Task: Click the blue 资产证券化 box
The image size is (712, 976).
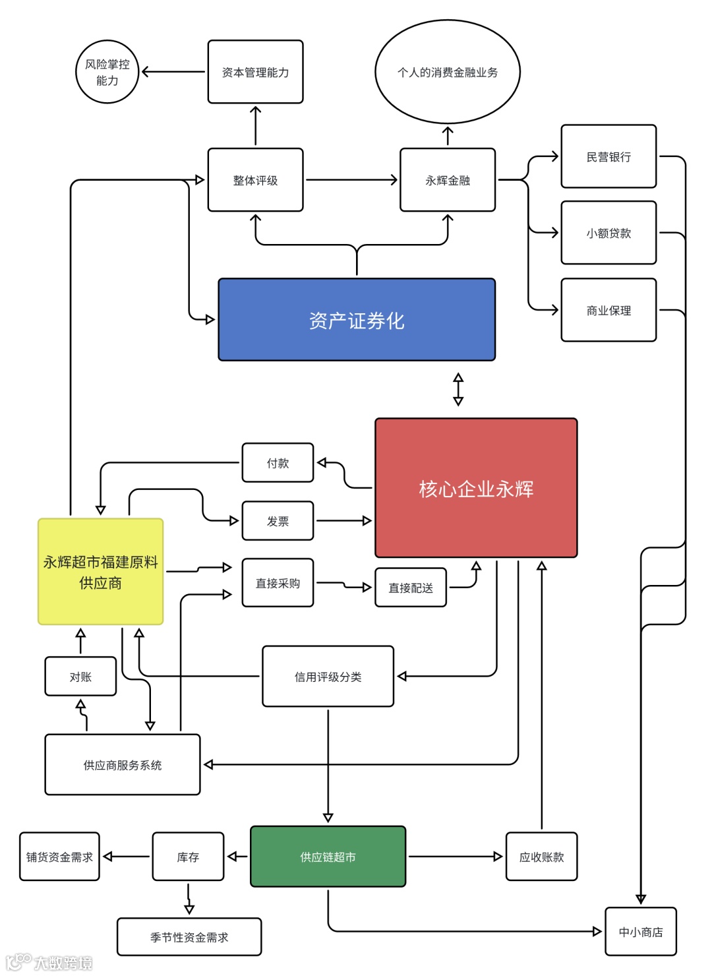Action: click(x=357, y=320)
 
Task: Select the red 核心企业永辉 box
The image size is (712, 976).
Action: click(x=476, y=488)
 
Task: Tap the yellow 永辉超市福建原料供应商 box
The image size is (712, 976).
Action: click(x=100, y=571)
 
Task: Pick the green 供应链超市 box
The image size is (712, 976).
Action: click(x=328, y=857)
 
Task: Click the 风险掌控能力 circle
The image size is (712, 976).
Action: click(x=107, y=72)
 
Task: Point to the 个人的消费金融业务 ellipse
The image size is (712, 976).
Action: click(x=448, y=72)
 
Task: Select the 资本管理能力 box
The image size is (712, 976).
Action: click(x=255, y=72)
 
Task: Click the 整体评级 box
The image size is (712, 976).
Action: click(x=255, y=180)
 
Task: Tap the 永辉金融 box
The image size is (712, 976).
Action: click(x=448, y=180)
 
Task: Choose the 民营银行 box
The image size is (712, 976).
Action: click(x=608, y=156)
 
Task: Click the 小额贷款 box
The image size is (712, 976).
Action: click(x=608, y=233)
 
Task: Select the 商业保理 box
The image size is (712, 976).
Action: click(x=608, y=310)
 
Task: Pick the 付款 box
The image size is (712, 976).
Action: click(x=278, y=463)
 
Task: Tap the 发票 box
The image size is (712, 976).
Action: click(x=278, y=521)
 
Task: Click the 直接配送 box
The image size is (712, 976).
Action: click(x=410, y=588)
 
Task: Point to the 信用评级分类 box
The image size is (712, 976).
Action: click(x=328, y=677)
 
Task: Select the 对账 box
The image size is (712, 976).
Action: click(x=80, y=677)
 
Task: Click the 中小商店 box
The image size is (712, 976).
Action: click(x=640, y=932)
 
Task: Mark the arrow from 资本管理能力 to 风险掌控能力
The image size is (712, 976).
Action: click(x=173, y=72)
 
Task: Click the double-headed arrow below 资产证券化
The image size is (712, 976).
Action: click(x=458, y=389)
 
